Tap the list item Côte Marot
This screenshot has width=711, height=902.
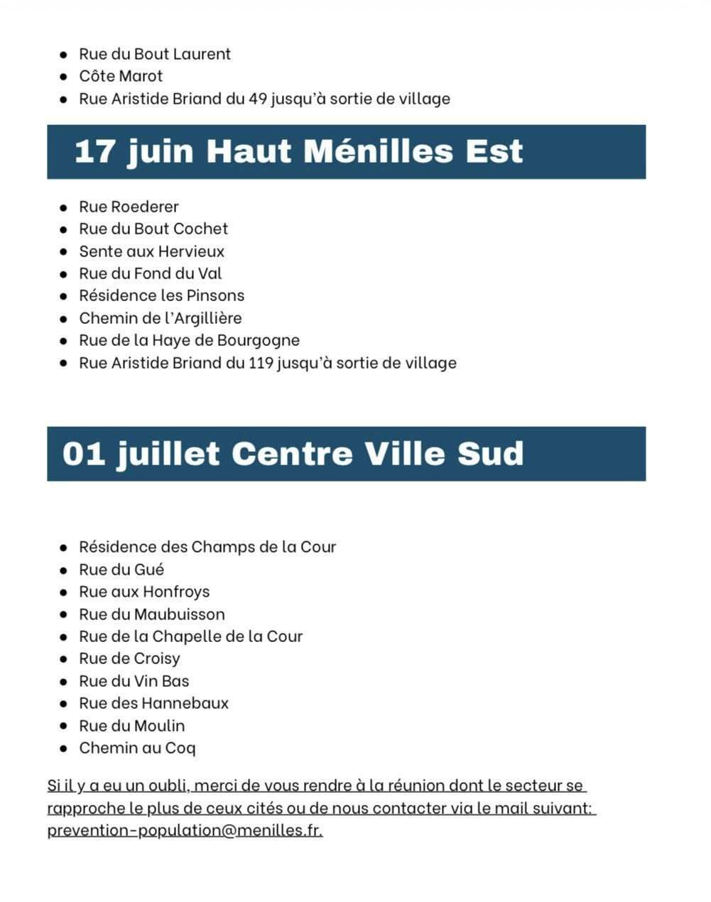tap(121, 76)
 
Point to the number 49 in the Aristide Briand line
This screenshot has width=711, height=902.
tap(258, 99)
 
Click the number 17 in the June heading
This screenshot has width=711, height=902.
tap(94, 151)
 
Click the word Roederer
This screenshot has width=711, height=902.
tap(145, 207)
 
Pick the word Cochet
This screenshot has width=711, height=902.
tap(200, 229)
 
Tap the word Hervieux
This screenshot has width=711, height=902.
tap(191, 251)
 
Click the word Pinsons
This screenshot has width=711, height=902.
tap(215, 295)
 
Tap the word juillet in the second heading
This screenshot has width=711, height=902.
tap(169, 454)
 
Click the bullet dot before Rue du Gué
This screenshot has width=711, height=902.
tap(64, 570)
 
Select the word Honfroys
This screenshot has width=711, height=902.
tap(176, 592)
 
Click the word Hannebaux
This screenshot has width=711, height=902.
tap(185, 703)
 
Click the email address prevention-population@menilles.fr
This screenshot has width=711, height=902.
tap(185, 830)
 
